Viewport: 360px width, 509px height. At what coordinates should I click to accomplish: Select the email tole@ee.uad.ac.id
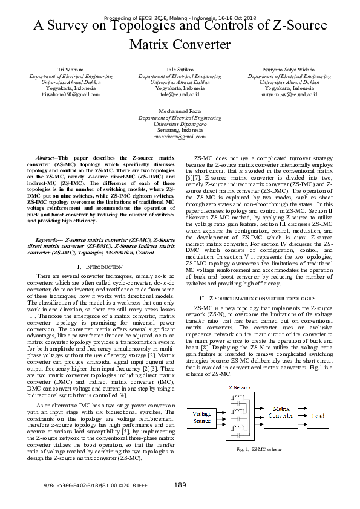point(180,95)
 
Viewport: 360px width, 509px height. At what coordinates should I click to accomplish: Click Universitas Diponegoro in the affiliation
point(180,125)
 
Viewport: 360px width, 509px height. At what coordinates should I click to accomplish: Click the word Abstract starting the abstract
point(47,158)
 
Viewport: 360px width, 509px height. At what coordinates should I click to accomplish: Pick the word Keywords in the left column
point(50,239)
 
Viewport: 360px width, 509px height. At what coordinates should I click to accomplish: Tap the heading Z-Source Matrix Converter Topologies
point(257,299)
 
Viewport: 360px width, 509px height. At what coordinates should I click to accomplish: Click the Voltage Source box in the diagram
point(201,416)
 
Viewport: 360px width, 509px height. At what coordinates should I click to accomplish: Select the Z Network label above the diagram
point(240,387)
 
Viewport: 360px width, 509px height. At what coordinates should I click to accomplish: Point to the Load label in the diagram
point(318,416)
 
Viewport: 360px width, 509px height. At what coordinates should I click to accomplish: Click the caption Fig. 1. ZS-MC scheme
point(259,450)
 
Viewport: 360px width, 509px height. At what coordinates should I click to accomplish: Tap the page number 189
point(180,485)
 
